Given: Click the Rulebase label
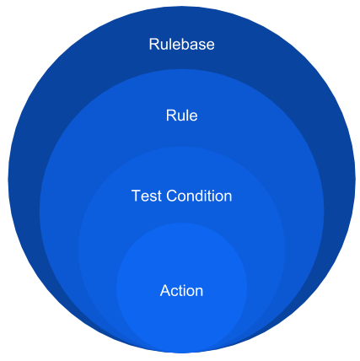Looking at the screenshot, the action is (181, 44).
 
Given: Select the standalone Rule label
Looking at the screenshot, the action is (181, 116).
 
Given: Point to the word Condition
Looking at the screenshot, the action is (199, 196).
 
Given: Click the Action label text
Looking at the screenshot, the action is (181, 290).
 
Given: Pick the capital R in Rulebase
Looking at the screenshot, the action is (154, 44).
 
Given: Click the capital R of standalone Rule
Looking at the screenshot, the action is (171, 116).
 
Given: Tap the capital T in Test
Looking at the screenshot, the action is (137, 196).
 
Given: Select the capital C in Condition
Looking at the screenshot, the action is (172, 196).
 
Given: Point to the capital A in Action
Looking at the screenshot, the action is (165, 290).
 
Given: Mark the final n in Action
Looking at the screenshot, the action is (199, 292).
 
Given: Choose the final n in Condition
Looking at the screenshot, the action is (228, 197).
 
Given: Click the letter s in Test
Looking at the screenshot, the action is (154, 197).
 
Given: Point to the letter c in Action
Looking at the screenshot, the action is (175, 292).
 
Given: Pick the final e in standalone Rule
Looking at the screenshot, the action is (193, 117).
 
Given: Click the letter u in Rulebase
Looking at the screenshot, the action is (164, 46).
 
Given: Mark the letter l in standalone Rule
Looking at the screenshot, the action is (187, 116).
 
